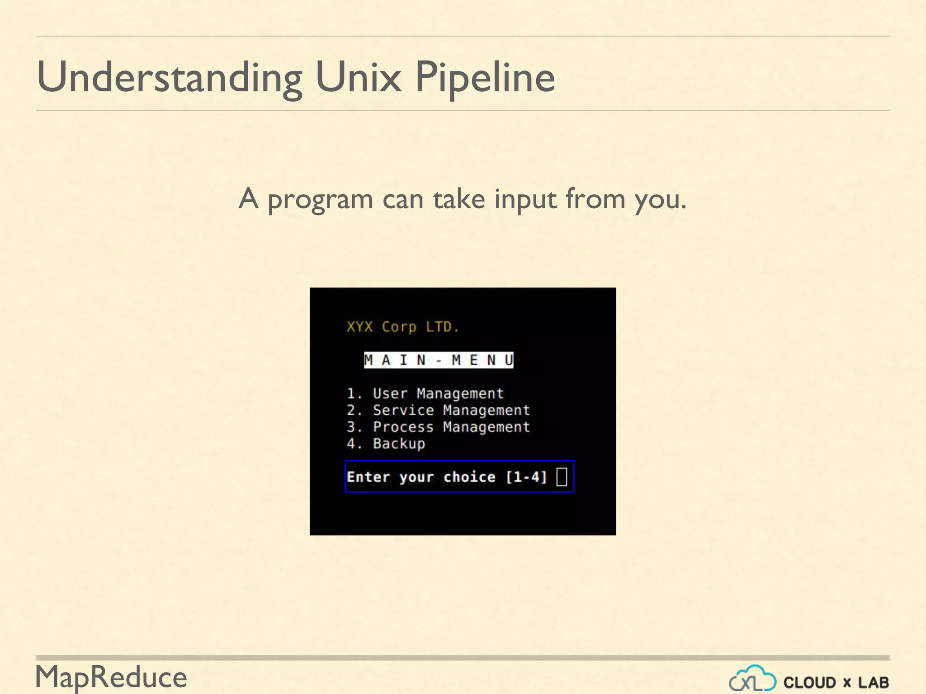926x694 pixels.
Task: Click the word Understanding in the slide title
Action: [x=170, y=78]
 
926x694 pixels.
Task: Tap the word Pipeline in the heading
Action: [x=485, y=78]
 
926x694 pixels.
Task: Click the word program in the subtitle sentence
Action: [x=320, y=199]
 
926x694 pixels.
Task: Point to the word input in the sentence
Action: [x=525, y=199]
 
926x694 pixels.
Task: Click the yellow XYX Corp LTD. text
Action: [x=402, y=327]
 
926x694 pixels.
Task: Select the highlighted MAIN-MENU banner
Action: [x=439, y=360]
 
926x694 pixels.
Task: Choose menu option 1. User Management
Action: [x=425, y=394]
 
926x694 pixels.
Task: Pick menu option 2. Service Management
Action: [x=438, y=410]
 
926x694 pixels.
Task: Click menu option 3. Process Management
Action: [x=438, y=427]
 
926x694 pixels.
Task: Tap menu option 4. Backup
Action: [x=386, y=444]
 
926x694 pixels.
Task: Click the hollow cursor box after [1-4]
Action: [x=562, y=477]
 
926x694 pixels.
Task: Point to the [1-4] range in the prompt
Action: [x=526, y=477]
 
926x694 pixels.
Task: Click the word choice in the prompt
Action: [x=469, y=477]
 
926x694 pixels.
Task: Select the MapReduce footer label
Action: [x=111, y=677]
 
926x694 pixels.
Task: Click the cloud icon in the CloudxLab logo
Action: [x=752, y=679]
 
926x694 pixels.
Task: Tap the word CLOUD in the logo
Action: [x=809, y=682]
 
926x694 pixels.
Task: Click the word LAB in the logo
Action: [x=873, y=682]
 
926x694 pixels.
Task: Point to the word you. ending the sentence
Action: [x=660, y=200]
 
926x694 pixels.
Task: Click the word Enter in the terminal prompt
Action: [x=368, y=477]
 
